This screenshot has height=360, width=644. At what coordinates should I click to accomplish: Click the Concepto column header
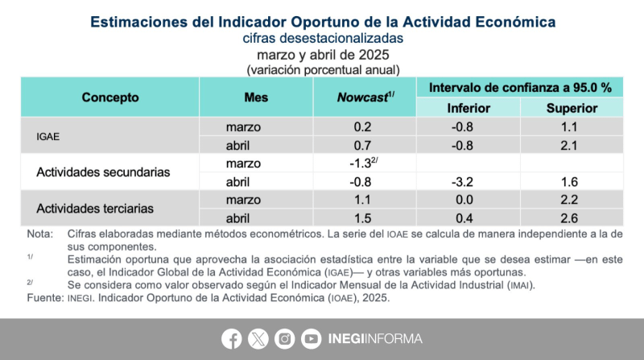tap(110, 97)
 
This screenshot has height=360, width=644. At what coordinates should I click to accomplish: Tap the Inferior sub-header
tap(468, 108)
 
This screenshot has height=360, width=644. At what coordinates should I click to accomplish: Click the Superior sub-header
tap(572, 108)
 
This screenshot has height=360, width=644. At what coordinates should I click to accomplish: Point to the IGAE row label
tap(50, 136)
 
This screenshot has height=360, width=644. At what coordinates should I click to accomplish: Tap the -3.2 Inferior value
tap(468, 181)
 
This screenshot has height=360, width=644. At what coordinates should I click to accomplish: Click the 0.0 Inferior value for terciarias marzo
tap(468, 200)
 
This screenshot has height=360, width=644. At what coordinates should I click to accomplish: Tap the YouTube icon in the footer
tap(311, 339)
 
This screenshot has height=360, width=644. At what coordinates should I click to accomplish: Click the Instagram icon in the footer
tap(284, 339)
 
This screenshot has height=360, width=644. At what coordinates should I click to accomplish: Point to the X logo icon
tap(258, 339)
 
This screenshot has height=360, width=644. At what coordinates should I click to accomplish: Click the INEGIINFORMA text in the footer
tap(374, 339)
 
